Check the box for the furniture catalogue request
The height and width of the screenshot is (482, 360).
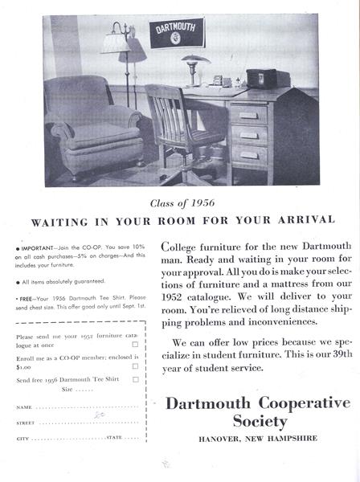[135, 344]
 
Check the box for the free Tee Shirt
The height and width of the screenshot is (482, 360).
[135, 379]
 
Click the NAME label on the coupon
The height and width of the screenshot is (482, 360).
[25, 407]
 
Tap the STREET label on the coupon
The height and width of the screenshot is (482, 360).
[27, 423]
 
